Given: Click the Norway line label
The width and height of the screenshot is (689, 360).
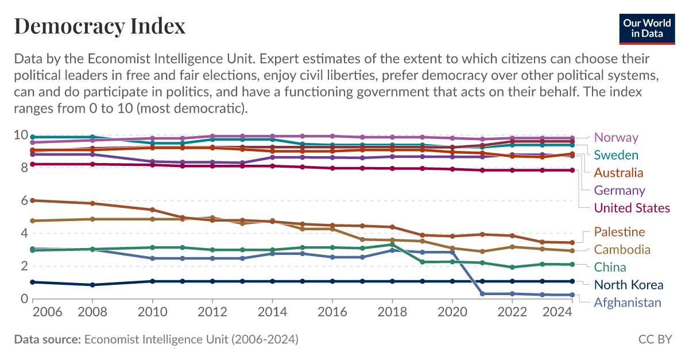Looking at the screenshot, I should click(x=616, y=137).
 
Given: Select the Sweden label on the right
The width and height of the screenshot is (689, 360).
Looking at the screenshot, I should click(x=616, y=155).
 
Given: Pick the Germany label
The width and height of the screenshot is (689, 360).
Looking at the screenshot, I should click(x=620, y=191).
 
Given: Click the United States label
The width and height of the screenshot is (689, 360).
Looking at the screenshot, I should click(x=632, y=208).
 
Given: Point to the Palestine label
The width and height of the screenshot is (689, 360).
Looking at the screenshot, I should click(x=620, y=232).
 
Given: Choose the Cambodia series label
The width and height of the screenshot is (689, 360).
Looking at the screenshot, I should click(x=622, y=250).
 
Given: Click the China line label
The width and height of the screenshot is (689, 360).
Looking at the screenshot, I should click(x=610, y=267).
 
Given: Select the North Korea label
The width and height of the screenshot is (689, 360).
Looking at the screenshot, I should click(x=628, y=285).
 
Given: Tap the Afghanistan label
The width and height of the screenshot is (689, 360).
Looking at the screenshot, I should click(x=628, y=303).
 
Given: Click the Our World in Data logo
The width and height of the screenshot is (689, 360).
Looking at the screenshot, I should click(x=647, y=28).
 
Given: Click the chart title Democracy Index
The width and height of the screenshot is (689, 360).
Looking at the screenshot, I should click(x=99, y=26).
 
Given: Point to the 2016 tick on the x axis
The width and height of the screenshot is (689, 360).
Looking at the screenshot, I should click(x=332, y=312).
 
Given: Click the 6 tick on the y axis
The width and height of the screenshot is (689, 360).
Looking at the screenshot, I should click(x=24, y=201).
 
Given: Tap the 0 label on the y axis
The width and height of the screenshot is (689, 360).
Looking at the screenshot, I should click(x=24, y=299).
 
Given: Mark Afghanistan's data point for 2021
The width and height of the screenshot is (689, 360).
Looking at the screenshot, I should click(x=482, y=294).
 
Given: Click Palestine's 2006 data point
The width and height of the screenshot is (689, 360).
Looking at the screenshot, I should click(x=33, y=200).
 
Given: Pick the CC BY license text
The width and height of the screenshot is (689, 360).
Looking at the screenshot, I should click(x=655, y=339).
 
